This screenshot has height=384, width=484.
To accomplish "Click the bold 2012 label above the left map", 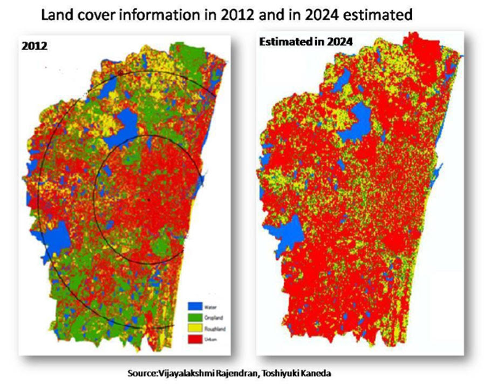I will [35, 46].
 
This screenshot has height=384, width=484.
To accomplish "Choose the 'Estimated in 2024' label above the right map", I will [306, 41].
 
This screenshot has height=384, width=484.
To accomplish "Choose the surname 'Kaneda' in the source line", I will [316, 373].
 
